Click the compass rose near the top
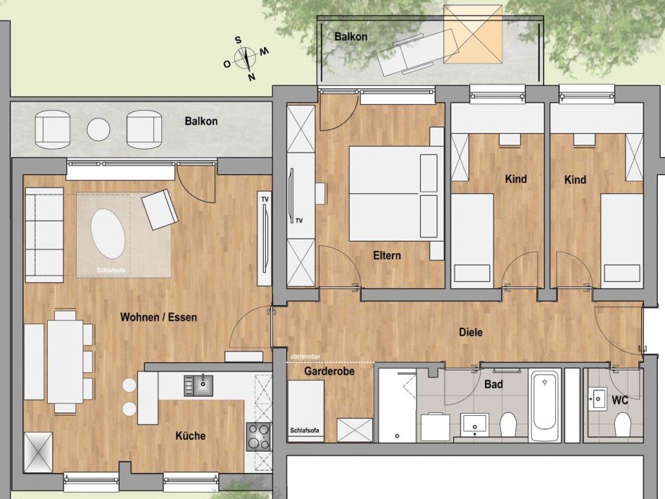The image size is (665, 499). (x=246, y=56)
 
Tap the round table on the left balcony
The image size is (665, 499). (x=98, y=129)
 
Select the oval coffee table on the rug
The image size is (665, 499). (x=107, y=233)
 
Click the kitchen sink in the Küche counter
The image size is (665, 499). (x=198, y=385)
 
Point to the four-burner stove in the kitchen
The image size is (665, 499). (x=258, y=436)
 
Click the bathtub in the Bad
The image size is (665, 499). (x=544, y=405)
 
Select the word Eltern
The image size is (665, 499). (x=387, y=255)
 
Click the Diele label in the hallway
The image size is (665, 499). (x=471, y=333)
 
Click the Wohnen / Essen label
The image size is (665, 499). (x=158, y=317)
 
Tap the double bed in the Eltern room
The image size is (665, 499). (x=394, y=193)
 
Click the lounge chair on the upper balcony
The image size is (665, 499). (x=409, y=53)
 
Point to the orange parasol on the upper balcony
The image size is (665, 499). (x=472, y=34)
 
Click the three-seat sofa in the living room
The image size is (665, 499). (x=44, y=235)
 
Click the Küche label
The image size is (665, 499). (x=190, y=436)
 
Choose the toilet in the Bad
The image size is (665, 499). (x=508, y=425)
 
